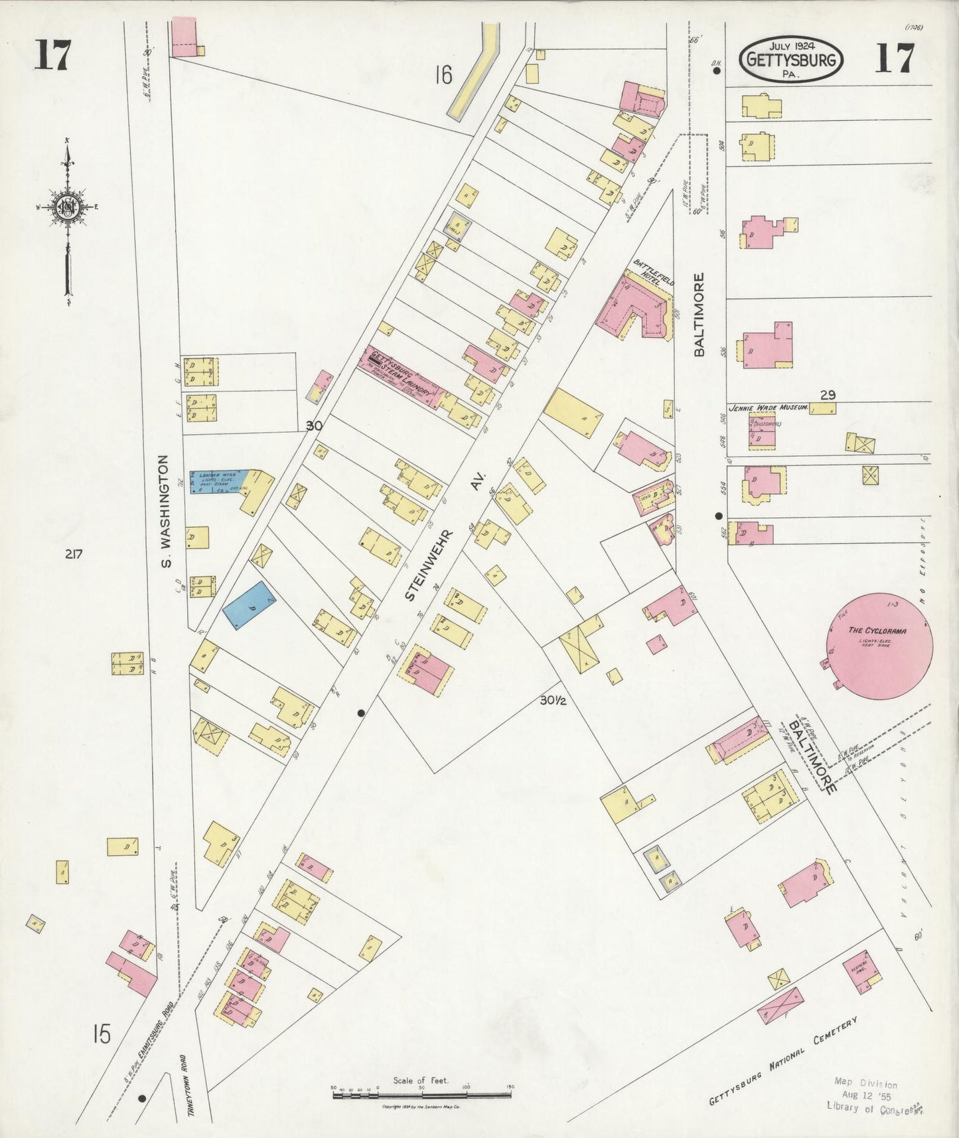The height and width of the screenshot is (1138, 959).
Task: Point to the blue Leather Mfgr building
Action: [219, 481]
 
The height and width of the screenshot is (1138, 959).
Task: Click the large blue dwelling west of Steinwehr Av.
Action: [248, 605]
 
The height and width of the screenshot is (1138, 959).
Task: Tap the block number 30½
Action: [552, 700]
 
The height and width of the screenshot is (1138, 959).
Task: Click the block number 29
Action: [827, 395]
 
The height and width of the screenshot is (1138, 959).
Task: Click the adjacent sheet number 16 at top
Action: [443, 75]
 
